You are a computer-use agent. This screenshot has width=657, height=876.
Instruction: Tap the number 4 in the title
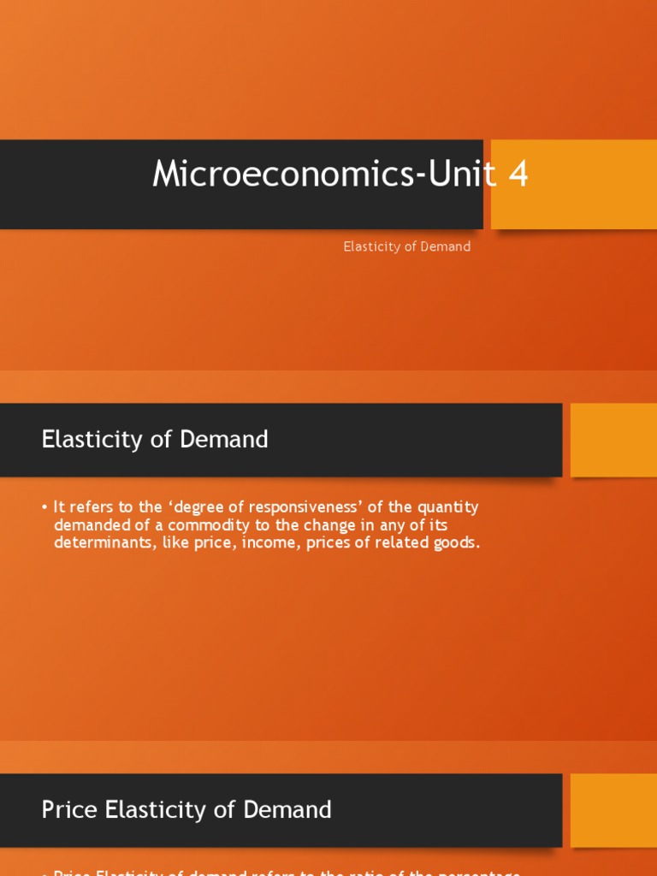pyautogui.click(x=518, y=175)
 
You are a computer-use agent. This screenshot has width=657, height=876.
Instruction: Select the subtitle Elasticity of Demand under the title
pyautogui.click(x=407, y=246)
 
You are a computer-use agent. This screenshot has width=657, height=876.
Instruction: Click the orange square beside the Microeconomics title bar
pyautogui.click(x=573, y=184)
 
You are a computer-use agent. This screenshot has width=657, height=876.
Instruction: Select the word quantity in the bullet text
pyautogui.click(x=446, y=507)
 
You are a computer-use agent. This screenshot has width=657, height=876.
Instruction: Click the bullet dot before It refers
pyautogui.click(x=44, y=508)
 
